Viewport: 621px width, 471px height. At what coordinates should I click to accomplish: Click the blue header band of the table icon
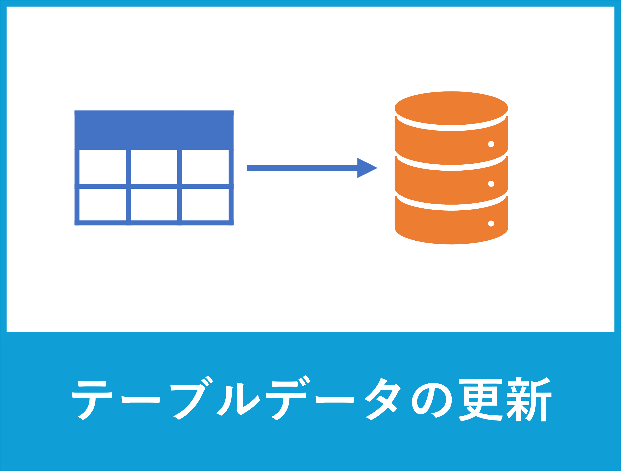pos(154,130)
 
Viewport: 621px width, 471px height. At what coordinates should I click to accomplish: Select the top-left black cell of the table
pos(103,167)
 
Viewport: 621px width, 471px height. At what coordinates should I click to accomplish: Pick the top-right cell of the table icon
pos(205,167)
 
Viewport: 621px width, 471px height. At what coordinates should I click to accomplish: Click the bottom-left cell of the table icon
pos(103,205)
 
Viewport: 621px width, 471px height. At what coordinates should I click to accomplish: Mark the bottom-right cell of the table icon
pos(205,205)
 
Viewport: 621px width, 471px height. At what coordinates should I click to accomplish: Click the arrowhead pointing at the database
pos(366,168)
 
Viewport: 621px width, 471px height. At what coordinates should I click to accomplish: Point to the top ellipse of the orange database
pos(451,108)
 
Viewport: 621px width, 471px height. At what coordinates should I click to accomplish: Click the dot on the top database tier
pos(491,144)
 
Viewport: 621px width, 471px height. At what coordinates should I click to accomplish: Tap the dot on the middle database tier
pos(491,184)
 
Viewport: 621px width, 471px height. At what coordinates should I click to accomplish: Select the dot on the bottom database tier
pos(491,224)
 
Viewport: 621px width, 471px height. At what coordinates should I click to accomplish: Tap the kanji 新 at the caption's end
pos(529,399)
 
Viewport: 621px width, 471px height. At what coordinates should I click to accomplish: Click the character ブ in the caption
pos(192,399)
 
